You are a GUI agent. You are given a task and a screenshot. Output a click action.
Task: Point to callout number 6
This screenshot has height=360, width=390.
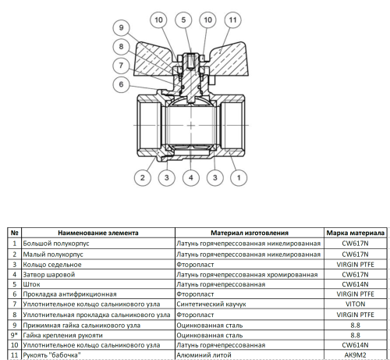(x=119, y=84)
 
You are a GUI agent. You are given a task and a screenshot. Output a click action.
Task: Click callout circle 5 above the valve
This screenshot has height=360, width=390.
(x=184, y=18)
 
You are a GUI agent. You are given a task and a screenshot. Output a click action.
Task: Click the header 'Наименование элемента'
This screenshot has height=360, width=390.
(x=98, y=233)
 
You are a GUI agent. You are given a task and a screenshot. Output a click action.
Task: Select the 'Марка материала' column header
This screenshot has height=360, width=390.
(x=354, y=233)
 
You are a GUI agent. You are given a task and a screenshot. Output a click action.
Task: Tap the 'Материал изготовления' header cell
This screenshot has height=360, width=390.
(x=250, y=233)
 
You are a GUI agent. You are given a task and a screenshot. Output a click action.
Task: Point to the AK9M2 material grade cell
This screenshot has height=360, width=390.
(x=354, y=356)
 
